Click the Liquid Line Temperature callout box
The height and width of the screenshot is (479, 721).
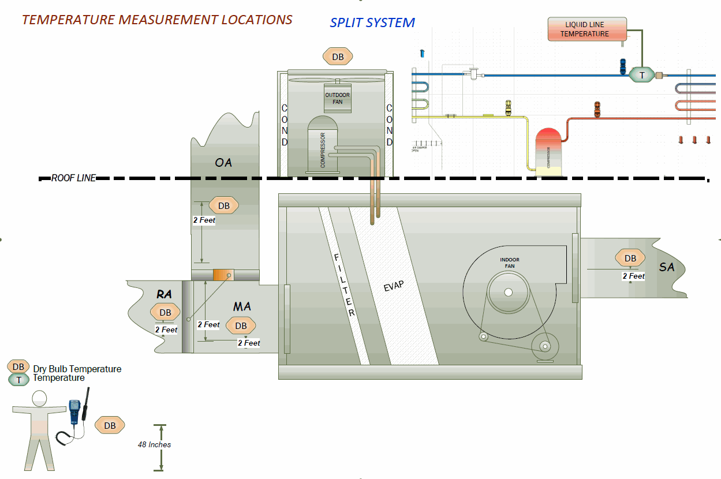pyautogui.click(x=586, y=29)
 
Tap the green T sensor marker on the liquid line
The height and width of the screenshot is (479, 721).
pyautogui.click(x=641, y=74)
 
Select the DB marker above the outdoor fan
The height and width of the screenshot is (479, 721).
pyautogui.click(x=338, y=57)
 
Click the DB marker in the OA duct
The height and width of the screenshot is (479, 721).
pyautogui.click(x=223, y=205)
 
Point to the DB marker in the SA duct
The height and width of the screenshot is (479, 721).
pyautogui.click(x=630, y=259)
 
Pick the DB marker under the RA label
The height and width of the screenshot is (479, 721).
pyautogui.click(x=165, y=312)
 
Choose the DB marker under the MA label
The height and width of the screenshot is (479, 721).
pyautogui.click(x=240, y=325)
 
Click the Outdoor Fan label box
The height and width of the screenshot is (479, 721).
pyautogui.click(x=337, y=98)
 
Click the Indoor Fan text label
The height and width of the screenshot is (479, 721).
pyautogui.click(x=509, y=263)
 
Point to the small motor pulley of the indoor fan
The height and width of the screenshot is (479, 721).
pyautogui.click(x=544, y=346)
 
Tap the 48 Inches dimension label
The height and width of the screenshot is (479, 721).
pyautogui.click(x=154, y=444)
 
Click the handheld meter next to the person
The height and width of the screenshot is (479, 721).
pyautogui.click(x=74, y=411)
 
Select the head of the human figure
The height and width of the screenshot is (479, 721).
pyautogui.click(x=39, y=398)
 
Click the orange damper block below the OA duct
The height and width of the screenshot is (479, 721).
pyautogui.click(x=221, y=275)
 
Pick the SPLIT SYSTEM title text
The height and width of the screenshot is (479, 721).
pyautogui.click(x=372, y=23)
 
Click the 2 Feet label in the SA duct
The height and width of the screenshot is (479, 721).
pyautogui.click(x=633, y=276)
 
